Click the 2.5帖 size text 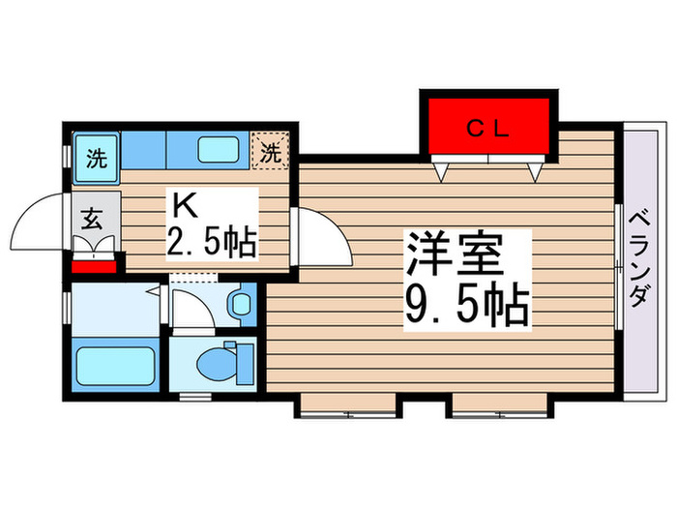213,240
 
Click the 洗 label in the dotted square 272,152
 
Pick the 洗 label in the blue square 96,158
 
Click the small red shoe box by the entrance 95,263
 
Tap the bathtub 115,367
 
